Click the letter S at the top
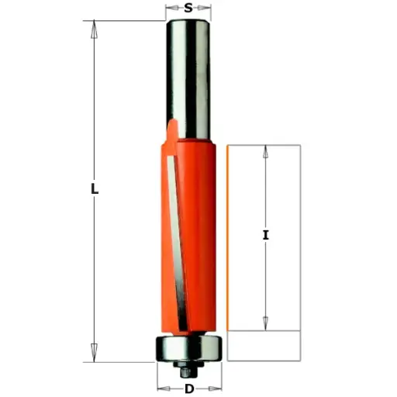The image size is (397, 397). click(189, 9)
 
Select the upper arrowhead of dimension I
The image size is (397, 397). click(266, 152)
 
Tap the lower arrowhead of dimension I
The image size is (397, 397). click(266, 323)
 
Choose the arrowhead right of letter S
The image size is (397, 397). click(205, 10)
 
